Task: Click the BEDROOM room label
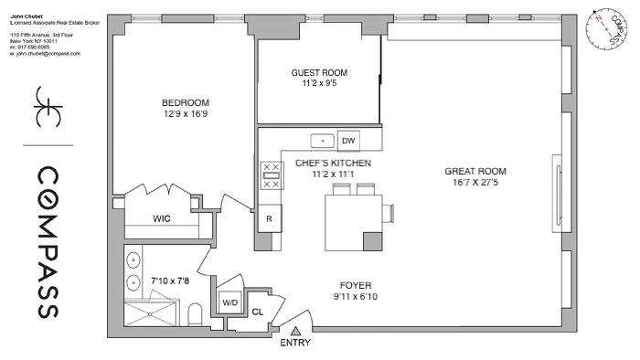pyautogui.click(x=186, y=101)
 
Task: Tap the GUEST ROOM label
pyautogui.click(x=319, y=73)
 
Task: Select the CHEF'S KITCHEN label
pyautogui.click(x=332, y=163)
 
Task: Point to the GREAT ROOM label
pyautogui.click(x=475, y=171)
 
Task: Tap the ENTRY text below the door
pyautogui.click(x=295, y=344)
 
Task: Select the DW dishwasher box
pyautogui.click(x=347, y=141)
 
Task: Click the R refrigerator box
pyautogui.click(x=269, y=219)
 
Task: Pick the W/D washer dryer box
pyautogui.click(x=228, y=302)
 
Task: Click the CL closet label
pyautogui.click(x=257, y=312)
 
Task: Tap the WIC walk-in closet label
pyautogui.click(x=161, y=219)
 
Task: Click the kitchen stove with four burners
pyautogui.click(x=271, y=175)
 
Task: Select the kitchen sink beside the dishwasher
pyautogui.click(x=322, y=142)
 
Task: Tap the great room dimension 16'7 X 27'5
pyautogui.click(x=475, y=183)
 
